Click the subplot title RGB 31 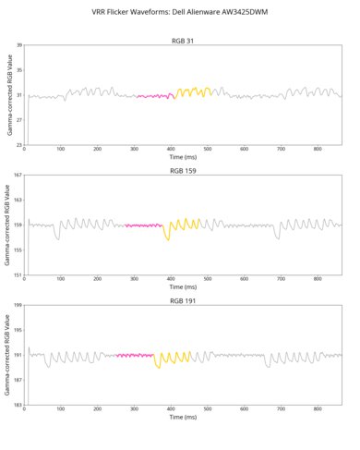click(x=183, y=41)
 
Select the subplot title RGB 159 click(x=183, y=171)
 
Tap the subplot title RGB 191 click(x=183, y=300)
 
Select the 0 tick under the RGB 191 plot click(x=25, y=409)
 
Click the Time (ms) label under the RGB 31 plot click(x=183, y=158)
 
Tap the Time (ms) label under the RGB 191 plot click(x=183, y=418)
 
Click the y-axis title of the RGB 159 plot click(x=6, y=225)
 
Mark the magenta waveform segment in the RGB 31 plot click(x=155, y=95)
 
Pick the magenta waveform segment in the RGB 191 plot click(x=135, y=355)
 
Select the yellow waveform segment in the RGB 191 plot click(x=173, y=357)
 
